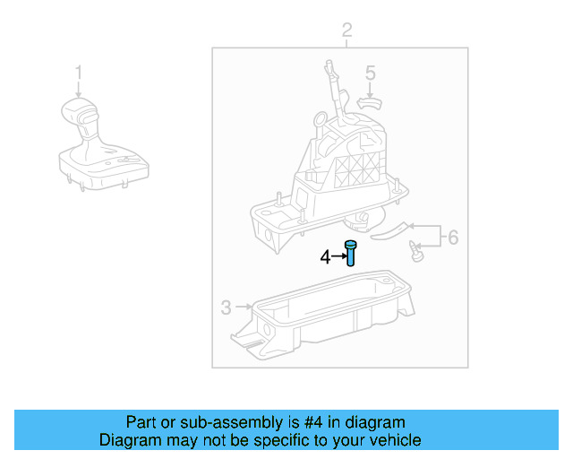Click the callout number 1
point(79,72)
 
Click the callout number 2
point(347,32)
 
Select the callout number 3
point(226,308)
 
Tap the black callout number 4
point(325,258)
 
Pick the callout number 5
point(370,73)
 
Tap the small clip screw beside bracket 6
point(415,251)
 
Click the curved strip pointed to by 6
point(389,231)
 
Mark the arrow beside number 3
point(243,308)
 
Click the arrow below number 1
point(79,89)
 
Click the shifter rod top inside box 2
point(329,67)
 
